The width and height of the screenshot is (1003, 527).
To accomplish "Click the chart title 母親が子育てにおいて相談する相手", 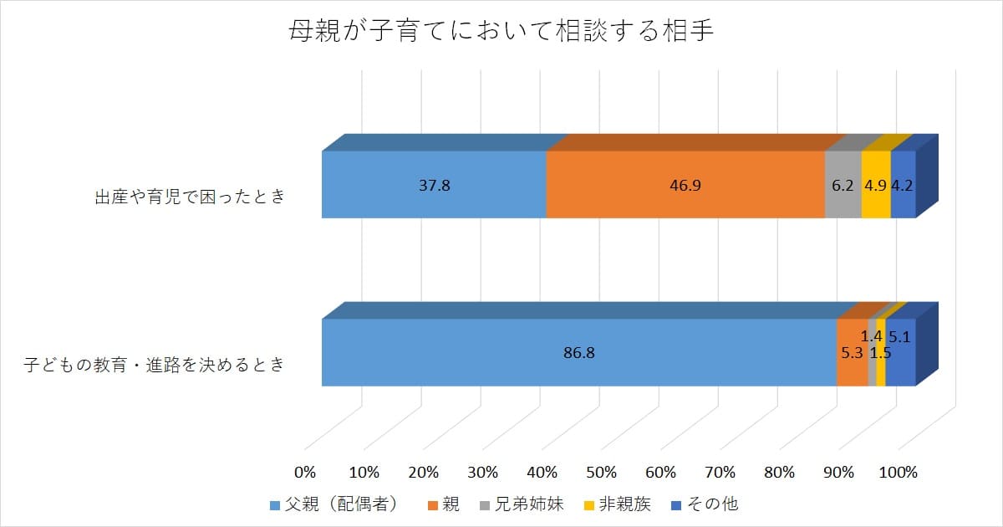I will (501, 33).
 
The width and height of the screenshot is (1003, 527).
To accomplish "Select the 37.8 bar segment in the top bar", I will (434, 185).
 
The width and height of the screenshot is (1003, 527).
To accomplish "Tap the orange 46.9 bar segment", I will (685, 185).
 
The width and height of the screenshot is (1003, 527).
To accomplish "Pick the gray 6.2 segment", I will (843, 185).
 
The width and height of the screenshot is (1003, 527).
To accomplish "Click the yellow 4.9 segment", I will (875, 185).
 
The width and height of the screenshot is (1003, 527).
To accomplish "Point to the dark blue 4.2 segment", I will (903, 185).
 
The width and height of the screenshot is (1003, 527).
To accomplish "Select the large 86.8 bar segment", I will (578, 353).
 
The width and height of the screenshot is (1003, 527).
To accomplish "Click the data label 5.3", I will (852, 353).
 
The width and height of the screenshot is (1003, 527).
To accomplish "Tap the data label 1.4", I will (872, 336).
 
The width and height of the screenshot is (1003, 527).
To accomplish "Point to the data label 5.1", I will (899, 338).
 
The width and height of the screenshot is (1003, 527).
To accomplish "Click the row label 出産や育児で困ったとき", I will (190, 197).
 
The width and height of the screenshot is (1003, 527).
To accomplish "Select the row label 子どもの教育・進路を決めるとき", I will (153, 365).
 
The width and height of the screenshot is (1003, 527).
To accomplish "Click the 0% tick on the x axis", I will (305, 472).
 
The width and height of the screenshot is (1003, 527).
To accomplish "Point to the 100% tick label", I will (899, 472).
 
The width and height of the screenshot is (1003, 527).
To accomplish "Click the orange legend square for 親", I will (432, 504).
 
